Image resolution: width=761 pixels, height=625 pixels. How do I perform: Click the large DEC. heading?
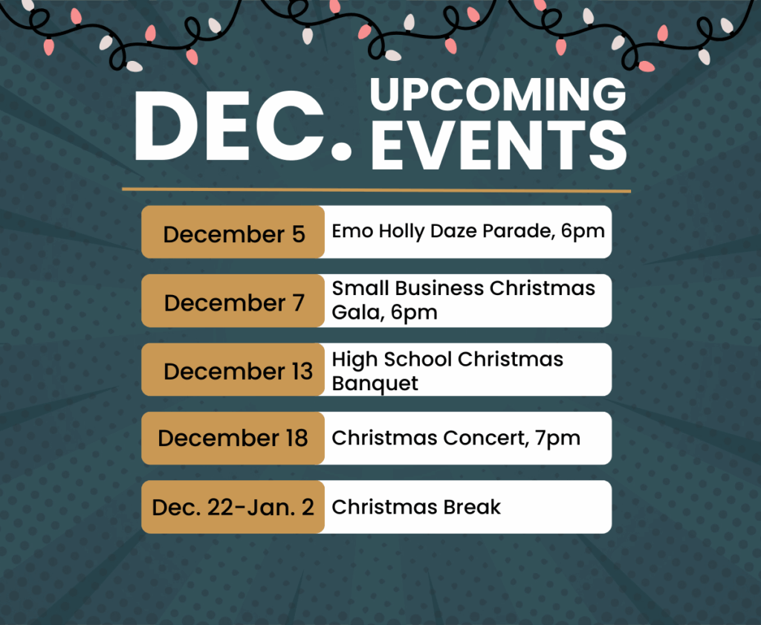pyautogui.click(x=243, y=126)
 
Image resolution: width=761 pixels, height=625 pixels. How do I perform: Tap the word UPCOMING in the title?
pyautogui.click(x=498, y=94)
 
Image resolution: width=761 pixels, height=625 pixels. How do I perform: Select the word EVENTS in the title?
pyautogui.click(x=499, y=145)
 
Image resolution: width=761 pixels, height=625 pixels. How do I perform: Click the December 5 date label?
pyautogui.click(x=234, y=234)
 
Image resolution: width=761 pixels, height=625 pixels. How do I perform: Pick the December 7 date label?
pyautogui.click(x=234, y=302)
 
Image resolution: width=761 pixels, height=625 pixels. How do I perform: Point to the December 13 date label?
pyautogui.click(x=239, y=372)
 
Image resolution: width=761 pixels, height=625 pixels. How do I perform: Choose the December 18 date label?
pyautogui.click(x=233, y=438)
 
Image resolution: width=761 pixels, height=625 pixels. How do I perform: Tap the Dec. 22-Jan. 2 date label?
pyautogui.click(x=233, y=507)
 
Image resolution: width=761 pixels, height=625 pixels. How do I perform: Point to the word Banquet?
pyautogui.click(x=375, y=383)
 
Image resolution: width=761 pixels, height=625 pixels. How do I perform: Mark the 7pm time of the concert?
pyautogui.click(x=558, y=439)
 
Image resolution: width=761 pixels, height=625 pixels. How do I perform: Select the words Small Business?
pyautogui.click(x=408, y=288)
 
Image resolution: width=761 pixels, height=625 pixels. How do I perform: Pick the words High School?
pyautogui.click(x=392, y=360)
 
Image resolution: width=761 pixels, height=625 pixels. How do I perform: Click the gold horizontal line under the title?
pyautogui.click(x=376, y=190)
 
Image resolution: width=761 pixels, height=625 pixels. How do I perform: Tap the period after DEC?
pyautogui.click(x=342, y=149)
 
